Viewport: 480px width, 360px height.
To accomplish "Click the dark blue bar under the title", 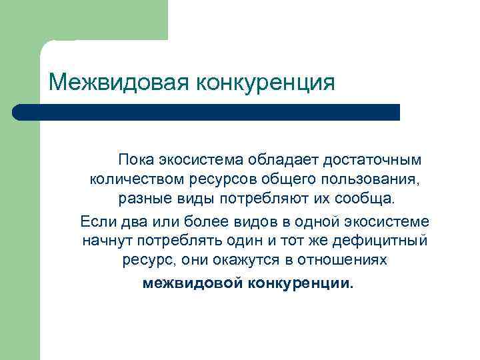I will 207,112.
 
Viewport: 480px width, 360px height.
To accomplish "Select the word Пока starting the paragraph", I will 137,161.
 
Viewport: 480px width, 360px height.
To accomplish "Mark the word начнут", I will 103,239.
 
